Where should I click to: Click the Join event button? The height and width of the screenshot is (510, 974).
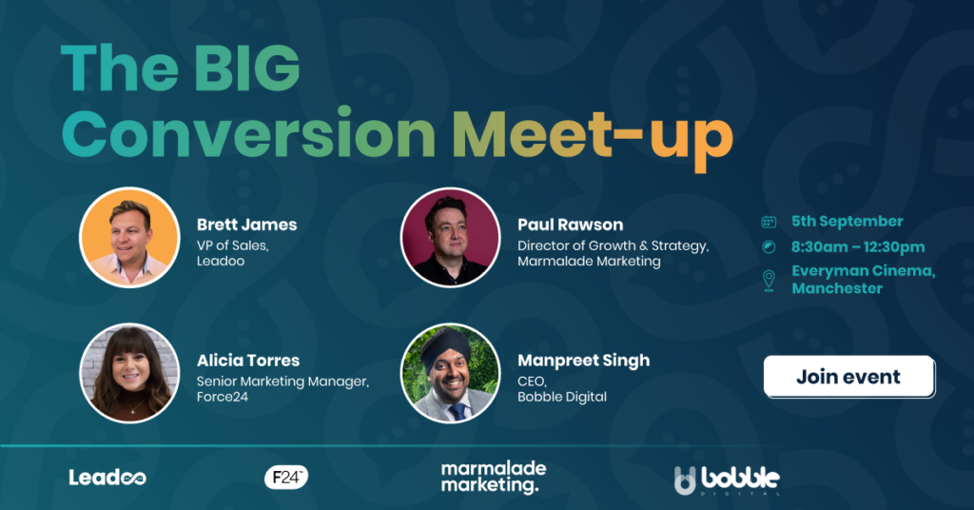click(848, 377)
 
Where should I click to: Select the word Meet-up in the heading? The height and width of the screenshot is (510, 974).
click(592, 136)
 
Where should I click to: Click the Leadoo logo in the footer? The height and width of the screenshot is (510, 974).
click(107, 477)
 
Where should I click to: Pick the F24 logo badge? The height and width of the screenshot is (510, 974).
click(286, 477)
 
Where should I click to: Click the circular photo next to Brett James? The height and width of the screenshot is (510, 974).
click(129, 237)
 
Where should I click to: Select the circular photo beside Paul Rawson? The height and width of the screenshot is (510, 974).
click(450, 237)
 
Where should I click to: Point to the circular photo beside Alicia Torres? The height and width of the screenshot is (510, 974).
click(129, 373)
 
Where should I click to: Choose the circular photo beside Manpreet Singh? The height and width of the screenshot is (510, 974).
click(450, 373)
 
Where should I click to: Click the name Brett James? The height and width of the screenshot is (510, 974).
click(246, 226)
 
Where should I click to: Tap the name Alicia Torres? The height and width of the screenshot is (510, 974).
click(247, 361)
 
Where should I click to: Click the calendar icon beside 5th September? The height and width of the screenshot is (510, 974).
click(769, 222)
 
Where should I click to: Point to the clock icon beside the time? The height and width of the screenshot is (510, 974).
click(769, 247)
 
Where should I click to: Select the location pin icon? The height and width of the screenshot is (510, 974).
click(769, 280)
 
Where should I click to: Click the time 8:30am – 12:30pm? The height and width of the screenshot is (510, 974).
click(858, 247)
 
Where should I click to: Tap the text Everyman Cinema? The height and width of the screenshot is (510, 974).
click(863, 271)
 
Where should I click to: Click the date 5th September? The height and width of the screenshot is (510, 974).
click(847, 222)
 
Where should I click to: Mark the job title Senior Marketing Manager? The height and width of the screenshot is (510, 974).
click(282, 382)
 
